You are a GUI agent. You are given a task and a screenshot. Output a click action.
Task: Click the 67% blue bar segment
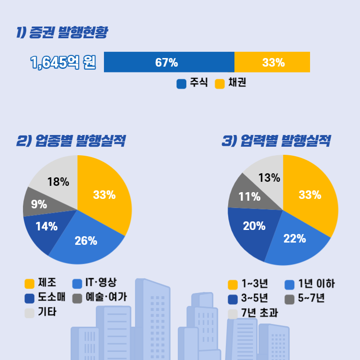[169, 62]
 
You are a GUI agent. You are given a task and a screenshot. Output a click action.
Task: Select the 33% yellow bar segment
[272, 62]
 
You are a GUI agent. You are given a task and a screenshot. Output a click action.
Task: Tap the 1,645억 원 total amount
[63, 63]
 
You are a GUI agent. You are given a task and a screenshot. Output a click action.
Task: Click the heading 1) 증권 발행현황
[62, 32]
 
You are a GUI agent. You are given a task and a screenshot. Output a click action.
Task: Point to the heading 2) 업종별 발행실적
[71, 141]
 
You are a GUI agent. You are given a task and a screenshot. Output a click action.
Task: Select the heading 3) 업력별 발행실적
[276, 141]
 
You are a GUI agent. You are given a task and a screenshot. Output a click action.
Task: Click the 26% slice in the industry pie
[86, 241]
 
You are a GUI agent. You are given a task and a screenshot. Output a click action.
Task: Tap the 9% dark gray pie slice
[38, 203]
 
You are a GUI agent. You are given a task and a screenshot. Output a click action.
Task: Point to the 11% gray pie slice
[249, 196]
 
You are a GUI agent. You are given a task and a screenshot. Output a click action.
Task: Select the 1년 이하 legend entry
[310, 284]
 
